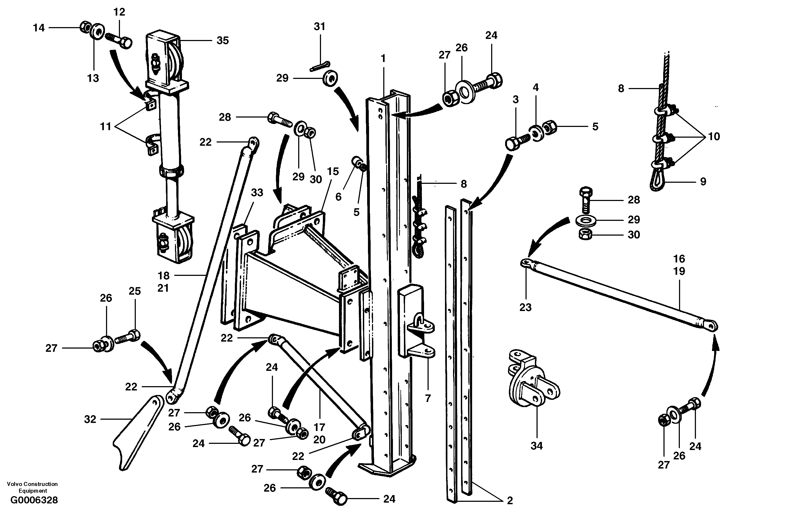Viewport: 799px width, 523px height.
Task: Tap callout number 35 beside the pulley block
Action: (x=222, y=41)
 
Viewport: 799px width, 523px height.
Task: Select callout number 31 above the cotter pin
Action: (x=320, y=27)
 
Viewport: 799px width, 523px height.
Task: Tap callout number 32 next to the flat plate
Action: (x=90, y=419)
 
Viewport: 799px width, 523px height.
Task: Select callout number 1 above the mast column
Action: (x=383, y=58)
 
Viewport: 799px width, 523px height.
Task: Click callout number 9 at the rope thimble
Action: (x=703, y=182)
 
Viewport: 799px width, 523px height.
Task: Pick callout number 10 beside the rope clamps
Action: (x=714, y=137)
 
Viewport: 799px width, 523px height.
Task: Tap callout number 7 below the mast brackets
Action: (x=428, y=398)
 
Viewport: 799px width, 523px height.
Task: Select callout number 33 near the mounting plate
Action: (x=257, y=193)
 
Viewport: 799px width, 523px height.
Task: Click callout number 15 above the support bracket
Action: (x=333, y=171)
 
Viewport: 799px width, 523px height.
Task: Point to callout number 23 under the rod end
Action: (x=526, y=307)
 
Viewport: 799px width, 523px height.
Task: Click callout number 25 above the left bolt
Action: (x=135, y=291)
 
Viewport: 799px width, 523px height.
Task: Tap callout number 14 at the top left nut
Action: (x=39, y=28)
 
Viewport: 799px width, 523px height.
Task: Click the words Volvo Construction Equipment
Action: (x=32, y=487)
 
